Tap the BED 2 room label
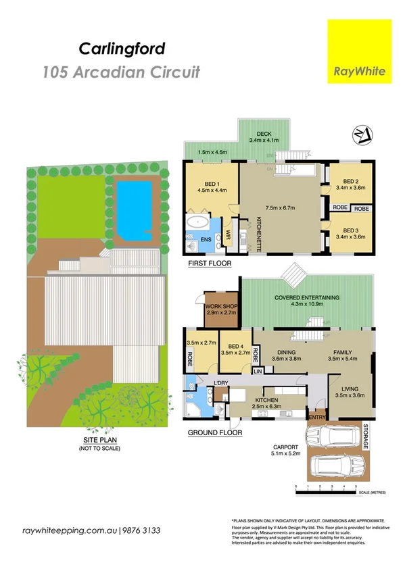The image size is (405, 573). click(x=350, y=181)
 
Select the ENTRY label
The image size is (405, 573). click(x=316, y=417)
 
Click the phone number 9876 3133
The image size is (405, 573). click(x=142, y=531)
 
